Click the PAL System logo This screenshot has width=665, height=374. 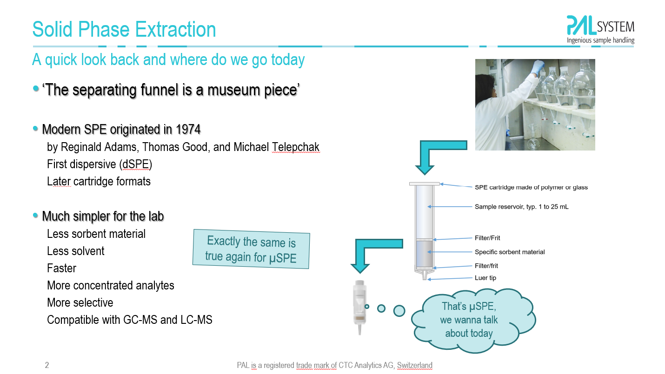tap(600, 30)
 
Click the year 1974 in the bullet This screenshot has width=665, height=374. tap(188, 129)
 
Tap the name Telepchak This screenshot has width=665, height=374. tap(296, 147)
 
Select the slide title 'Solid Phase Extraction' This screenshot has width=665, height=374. tap(124, 29)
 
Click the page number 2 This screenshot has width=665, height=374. tap(47, 365)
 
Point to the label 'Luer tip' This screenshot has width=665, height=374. tap(485, 278)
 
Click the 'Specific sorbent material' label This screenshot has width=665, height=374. tap(510, 252)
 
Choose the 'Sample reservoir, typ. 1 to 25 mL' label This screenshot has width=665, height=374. tap(522, 206)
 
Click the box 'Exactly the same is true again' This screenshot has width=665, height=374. tap(251, 249)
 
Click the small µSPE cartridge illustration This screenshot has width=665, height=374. tap(359, 307)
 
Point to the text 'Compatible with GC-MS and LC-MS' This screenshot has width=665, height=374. tap(130, 320)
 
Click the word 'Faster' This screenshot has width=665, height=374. tap(61, 268)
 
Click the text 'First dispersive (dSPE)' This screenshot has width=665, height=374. tap(100, 164)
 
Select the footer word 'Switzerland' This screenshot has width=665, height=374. tap(415, 365)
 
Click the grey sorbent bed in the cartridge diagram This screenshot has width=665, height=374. tap(425, 254)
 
